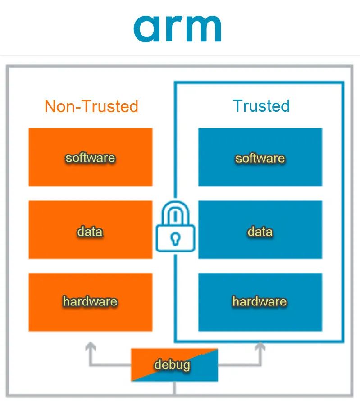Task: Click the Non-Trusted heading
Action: pyautogui.click(x=91, y=106)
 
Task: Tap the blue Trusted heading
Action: pyautogui.click(x=261, y=106)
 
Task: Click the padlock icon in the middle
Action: pyautogui.click(x=175, y=228)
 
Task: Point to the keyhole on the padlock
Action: pyautogui.click(x=175, y=239)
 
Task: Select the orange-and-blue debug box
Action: pyautogui.click(x=174, y=365)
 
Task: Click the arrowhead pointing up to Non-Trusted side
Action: pyautogui.click(x=91, y=346)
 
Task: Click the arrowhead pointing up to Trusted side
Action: pyautogui.click(x=260, y=346)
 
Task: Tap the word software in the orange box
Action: pyautogui.click(x=90, y=158)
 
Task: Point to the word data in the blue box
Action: pyautogui.click(x=260, y=232)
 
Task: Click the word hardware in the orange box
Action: pyautogui.click(x=90, y=301)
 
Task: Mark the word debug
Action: pyautogui.click(x=172, y=365)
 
